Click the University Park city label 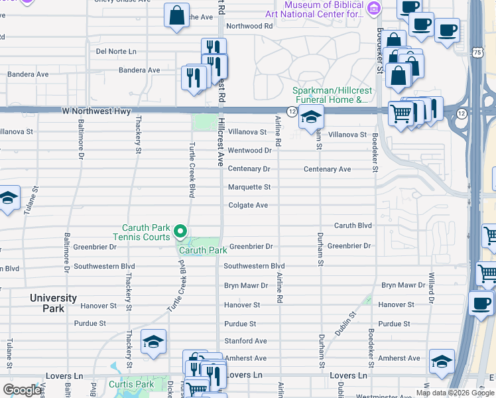[53, 303]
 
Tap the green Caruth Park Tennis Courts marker [180, 232]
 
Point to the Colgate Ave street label [248, 206]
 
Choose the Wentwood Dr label [249, 151]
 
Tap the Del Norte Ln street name [116, 51]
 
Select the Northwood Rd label [249, 27]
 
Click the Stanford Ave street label [245, 341]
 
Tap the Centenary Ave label [327, 169]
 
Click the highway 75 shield [477, 52]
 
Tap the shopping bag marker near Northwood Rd [178, 17]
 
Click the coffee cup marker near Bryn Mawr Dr [481, 303]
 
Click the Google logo [22, 390]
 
